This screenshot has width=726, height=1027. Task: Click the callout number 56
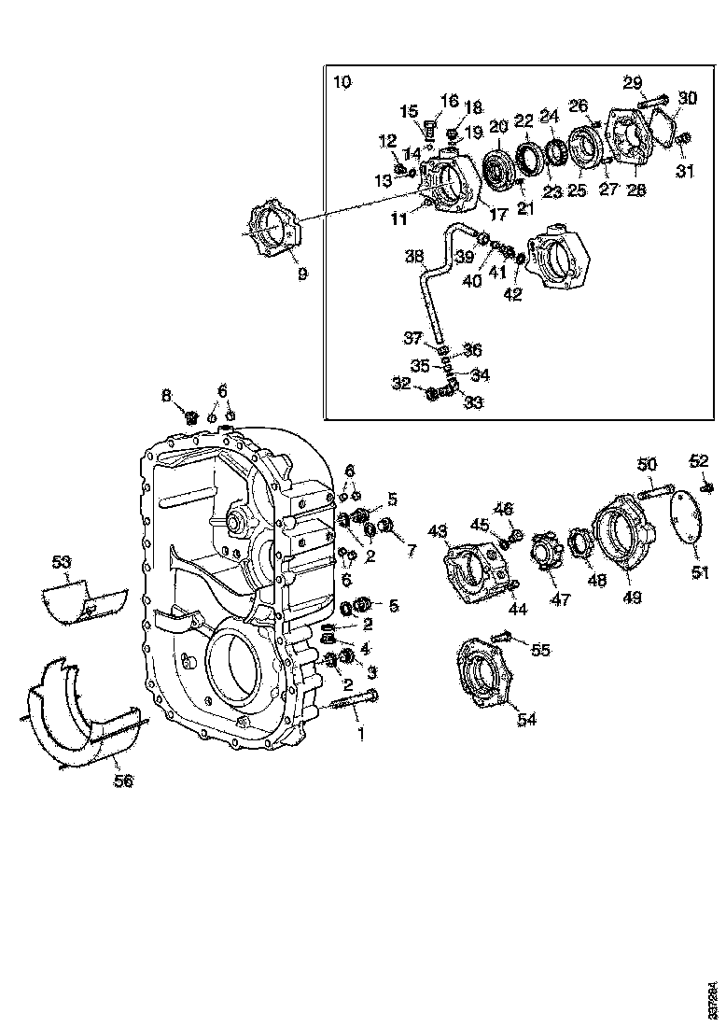click(123, 781)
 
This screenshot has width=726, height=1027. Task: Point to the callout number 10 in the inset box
click(342, 82)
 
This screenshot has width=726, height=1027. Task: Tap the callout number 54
click(527, 719)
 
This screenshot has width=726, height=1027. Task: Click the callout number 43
click(438, 530)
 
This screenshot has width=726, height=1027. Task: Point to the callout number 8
click(166, 396)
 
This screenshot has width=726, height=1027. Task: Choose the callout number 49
click(632, 597)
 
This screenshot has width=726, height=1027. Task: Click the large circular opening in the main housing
click(230, 667)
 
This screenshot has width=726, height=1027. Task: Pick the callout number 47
click(559, 598)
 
